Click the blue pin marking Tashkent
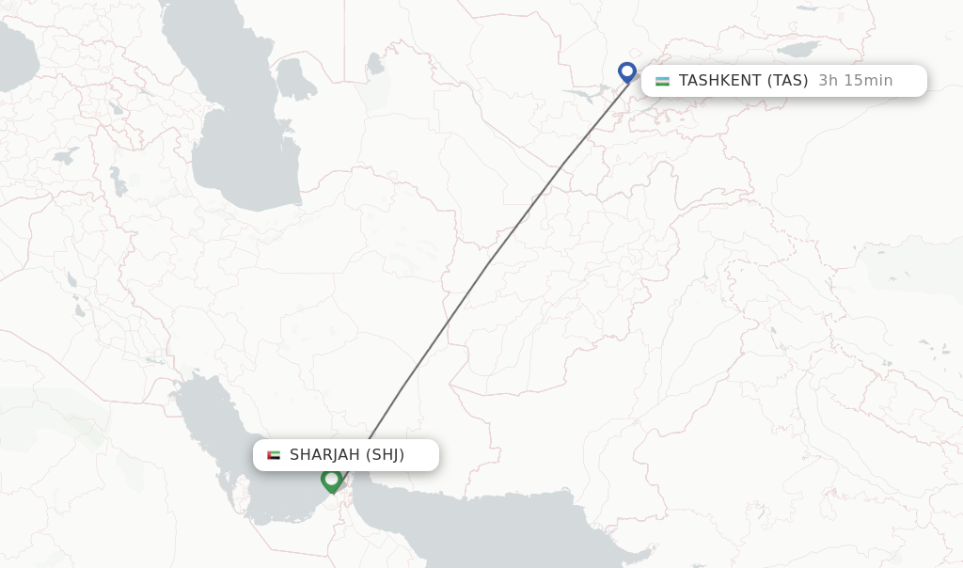[627, 71]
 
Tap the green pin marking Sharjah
[331, 480]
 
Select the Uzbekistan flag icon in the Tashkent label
[663, 81]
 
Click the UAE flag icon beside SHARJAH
[274, 455]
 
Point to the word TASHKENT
[719, 81]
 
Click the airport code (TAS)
[788, 81]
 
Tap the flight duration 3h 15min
[855, 81]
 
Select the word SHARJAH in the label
[324, 455]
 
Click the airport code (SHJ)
[385, 455]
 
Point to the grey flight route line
[489, 263]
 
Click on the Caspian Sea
[235, 141]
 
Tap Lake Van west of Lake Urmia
[66, 156]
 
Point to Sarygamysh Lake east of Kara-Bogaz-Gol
[376, 64]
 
